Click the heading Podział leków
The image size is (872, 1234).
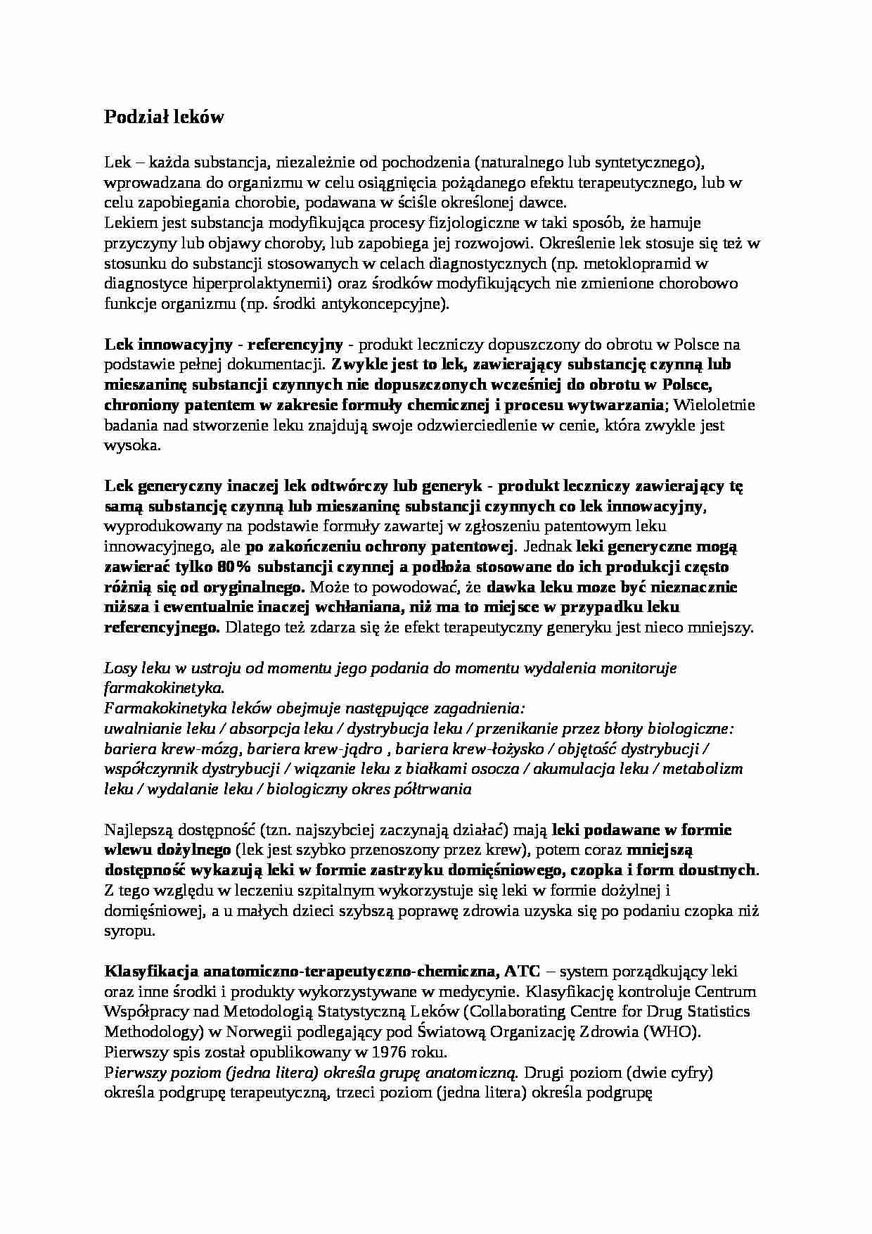[x=164, y=117]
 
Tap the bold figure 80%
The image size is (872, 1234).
[x=237, y=567]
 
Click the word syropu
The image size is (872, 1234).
[x=127, y=931]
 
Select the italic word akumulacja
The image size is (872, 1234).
[x=572, y=769]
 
